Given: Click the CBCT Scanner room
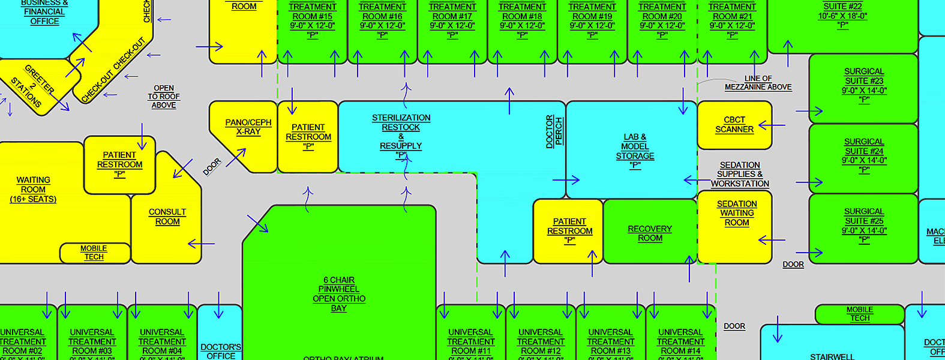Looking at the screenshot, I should click(734, 125).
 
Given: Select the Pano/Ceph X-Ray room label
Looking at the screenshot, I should click(248, 127).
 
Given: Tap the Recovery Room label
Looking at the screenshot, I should click(650, 233).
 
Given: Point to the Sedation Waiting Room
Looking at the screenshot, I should click(736, 214).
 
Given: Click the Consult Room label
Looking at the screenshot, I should click(167, 217).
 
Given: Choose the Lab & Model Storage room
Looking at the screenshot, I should click(635, 151).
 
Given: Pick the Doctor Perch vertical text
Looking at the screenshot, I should click(554, 131).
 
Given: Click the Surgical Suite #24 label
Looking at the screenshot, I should click(864, 155).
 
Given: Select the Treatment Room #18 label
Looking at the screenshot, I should click(522, 20).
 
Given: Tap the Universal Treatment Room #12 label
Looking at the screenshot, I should click(540, 342).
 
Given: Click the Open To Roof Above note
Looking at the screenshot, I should click(164, 97).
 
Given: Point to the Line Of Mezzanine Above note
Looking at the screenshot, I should click(758, 83).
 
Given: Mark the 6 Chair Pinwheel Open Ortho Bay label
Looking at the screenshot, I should click(339, 294).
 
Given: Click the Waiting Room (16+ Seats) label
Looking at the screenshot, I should click(33, 190).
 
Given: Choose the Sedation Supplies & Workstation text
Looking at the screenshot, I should click(740, 175).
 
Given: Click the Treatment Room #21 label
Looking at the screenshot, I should click(732, 20).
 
